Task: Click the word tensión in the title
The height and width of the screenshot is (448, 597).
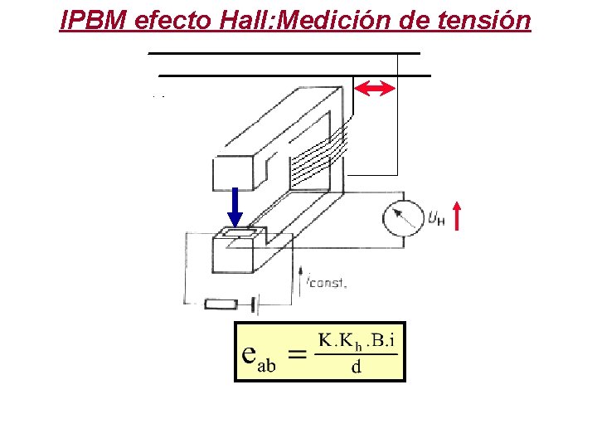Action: [x=486, y=19]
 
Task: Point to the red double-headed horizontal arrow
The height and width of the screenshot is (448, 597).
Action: [x=375, y=89]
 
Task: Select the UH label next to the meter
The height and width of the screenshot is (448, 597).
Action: [x=436, y=218]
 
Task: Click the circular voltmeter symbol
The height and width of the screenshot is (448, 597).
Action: [x=404, y=217]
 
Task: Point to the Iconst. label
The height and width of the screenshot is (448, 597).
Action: [x=326, y=282]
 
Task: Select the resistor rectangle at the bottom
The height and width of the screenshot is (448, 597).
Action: [x=222, y=304]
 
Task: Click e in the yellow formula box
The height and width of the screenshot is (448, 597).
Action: [x=248, y=353]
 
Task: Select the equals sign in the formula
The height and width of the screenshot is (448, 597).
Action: [x=296, y=354]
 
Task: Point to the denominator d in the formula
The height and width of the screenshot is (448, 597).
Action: [x=356, y=367]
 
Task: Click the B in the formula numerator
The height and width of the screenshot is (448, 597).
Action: [x=379, y=339]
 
